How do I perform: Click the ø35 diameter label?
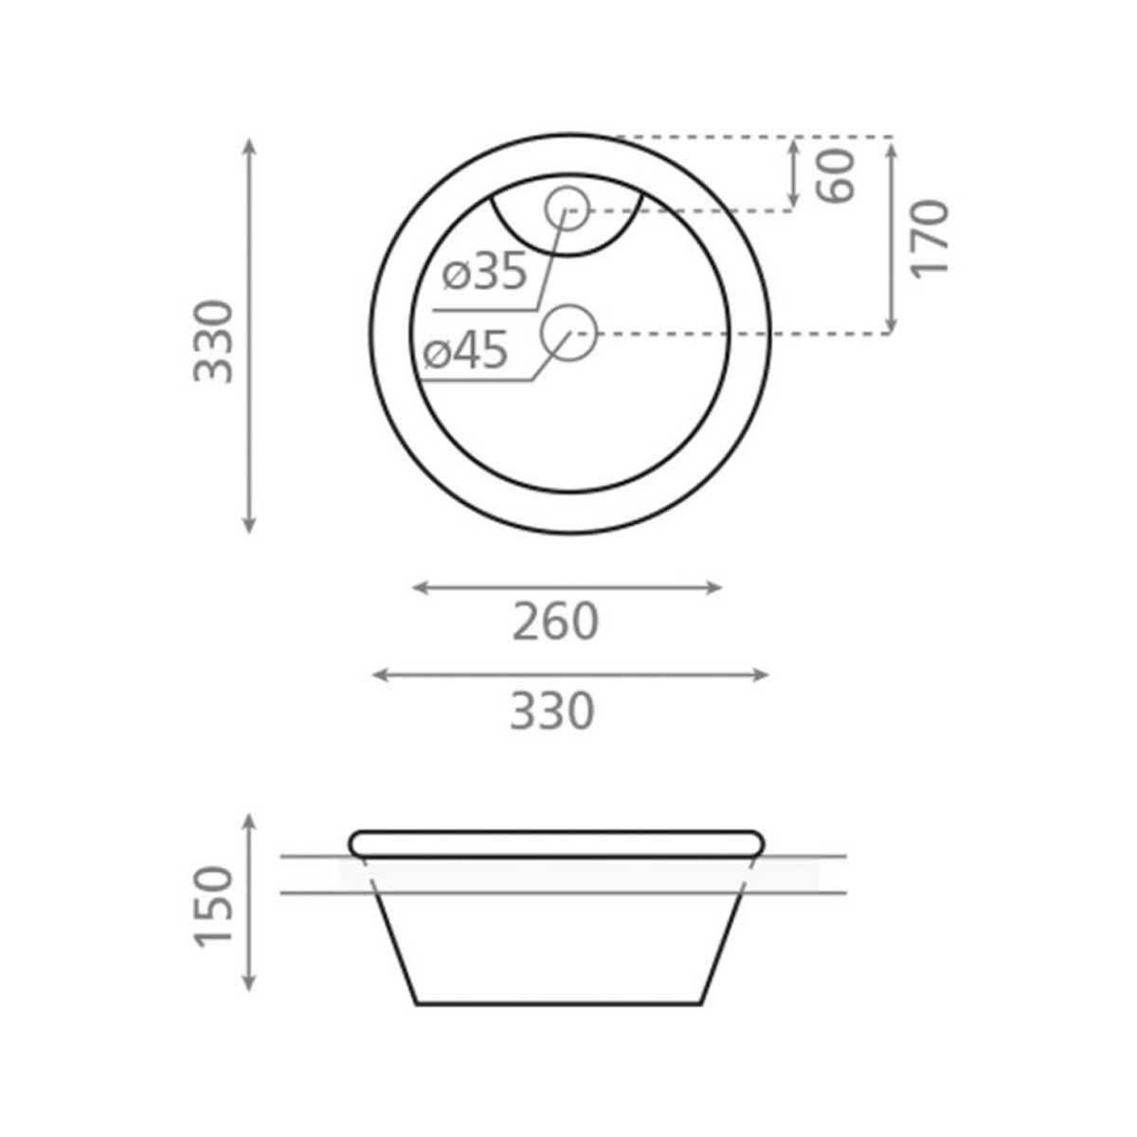click(x=485, y=272)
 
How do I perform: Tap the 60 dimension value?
click(x=838, y=175)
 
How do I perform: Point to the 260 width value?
click(x=555, y=623)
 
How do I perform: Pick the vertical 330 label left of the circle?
click(x=214, y=341)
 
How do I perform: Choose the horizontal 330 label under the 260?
click(x=552, y=711)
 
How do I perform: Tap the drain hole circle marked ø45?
click(x=568, y=334)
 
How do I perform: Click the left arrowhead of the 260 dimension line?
click(x=418, y=588)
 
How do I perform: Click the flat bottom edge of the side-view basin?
click(x=559, y=1003)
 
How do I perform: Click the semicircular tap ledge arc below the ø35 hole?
click(x=568, y=254)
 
